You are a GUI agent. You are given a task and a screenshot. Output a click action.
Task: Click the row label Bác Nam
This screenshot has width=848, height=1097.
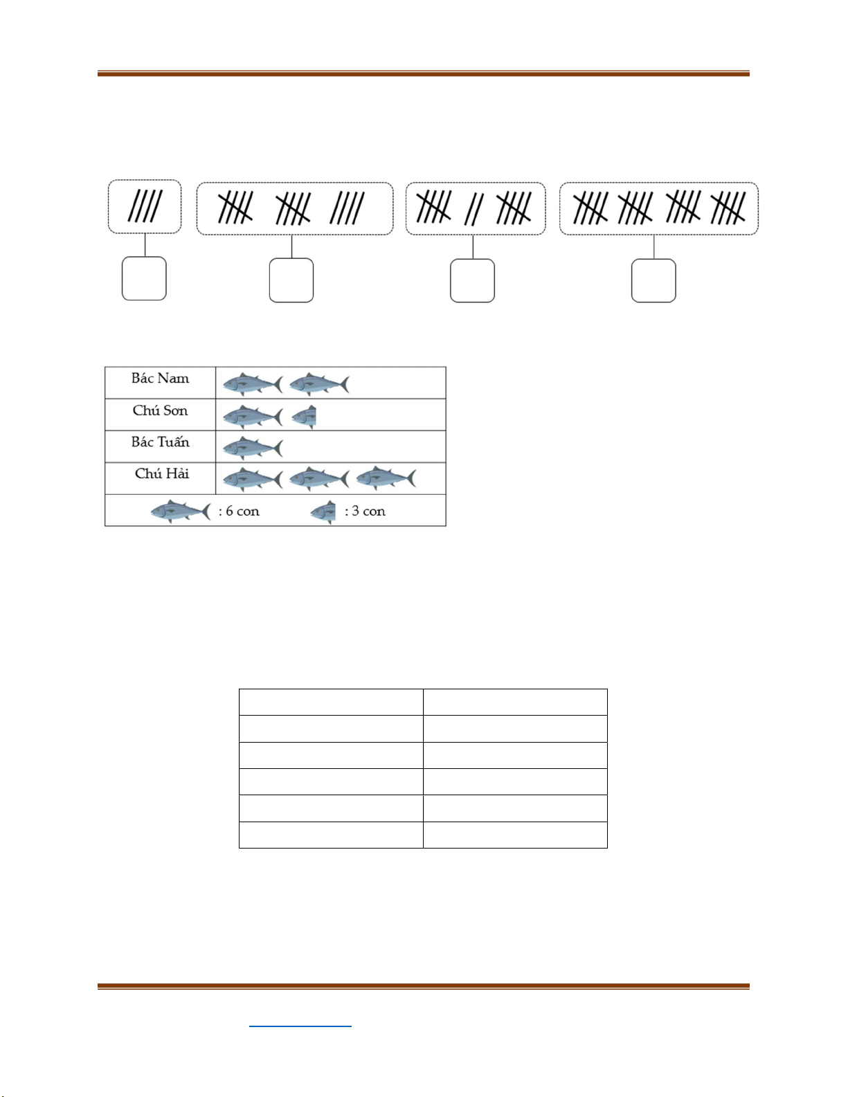(x=160, y=379)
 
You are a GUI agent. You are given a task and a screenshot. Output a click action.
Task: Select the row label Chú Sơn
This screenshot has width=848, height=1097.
(x=160, y=410)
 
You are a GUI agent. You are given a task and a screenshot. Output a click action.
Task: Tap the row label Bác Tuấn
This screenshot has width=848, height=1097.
(x=160, y=442)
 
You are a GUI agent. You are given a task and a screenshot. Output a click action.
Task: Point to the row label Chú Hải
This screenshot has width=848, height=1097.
(x=161, y=473)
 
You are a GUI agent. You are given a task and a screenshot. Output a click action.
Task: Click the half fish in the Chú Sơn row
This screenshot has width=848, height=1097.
(x=304, y=417)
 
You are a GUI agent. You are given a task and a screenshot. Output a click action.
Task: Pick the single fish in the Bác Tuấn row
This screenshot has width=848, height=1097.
(x=253, y=448)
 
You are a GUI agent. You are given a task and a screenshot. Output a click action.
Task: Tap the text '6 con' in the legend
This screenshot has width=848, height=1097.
(x=242, y=511)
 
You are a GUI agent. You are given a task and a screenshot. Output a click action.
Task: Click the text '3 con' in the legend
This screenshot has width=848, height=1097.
(x=368, y=511)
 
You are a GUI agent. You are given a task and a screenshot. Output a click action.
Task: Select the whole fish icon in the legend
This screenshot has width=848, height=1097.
(x=181, y=511)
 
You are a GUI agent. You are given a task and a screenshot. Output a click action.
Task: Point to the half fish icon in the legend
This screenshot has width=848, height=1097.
(x=323, y=512)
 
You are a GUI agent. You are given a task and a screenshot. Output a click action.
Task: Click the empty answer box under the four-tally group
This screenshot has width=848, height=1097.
(x=145, y=279)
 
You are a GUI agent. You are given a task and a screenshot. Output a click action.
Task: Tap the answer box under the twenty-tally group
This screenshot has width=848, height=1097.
(x=653, y=281)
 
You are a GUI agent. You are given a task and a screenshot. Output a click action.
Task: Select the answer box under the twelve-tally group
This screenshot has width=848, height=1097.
(x=472, y=281)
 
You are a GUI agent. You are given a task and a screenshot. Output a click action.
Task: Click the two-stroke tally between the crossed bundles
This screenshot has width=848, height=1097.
(x=473, y=210)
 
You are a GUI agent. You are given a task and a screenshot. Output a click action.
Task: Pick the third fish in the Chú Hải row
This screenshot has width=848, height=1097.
(x=386, y=478)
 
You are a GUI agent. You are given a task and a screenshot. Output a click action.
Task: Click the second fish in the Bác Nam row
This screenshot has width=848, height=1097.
(x=320, y=384)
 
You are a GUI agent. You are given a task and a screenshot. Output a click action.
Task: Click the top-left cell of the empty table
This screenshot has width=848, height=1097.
(x=331, y=702)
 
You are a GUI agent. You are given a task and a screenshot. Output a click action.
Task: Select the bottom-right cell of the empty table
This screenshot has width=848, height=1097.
(x=515, y=835)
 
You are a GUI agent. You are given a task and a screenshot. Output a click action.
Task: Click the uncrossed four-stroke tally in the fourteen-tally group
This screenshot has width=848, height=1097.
(x=348, y=208)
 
